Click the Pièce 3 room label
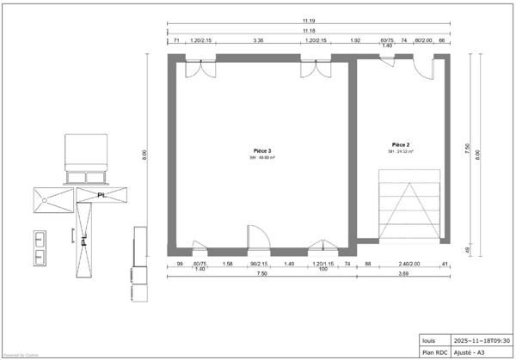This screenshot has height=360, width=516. pyautogui.click(x=263, y=150)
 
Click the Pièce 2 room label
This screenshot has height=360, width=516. pyautogui.click(x=401, y=144)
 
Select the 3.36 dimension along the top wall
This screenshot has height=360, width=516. pyautogui.click(x=258, y=40)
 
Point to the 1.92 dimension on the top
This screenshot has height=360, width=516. pyautogui.click(x=354, y=40)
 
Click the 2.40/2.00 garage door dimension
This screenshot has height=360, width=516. pyautogui.click(x=409, y=264)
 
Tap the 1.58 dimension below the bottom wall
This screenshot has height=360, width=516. pyautogui.click(x=227, y=264)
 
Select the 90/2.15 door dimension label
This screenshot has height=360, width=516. pyautogui.click(x=258, y=264)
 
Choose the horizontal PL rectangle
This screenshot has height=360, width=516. pyautogui.click(x=102, y=194)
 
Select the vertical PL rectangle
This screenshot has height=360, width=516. pyautogui.click(x=83, y=238)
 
